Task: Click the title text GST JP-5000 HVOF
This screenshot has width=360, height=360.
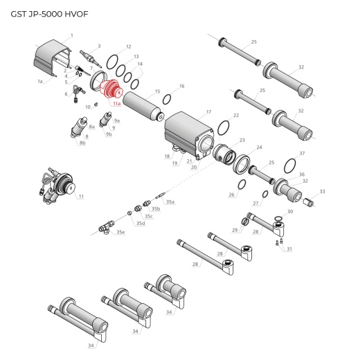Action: (39, 13)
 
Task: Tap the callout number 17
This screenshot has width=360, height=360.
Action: (208, 111)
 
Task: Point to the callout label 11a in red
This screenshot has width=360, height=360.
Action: (117, 103)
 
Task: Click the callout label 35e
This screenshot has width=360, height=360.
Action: (120, 232)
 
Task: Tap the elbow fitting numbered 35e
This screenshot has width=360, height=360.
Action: (105, 226)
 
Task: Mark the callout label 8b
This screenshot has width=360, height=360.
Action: (82, 143)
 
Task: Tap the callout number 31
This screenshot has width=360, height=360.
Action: (289, 249)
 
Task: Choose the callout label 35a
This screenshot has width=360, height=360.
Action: (170, 201)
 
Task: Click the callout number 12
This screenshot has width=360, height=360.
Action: (129, 46)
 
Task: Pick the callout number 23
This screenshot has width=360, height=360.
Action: (242, 140)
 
